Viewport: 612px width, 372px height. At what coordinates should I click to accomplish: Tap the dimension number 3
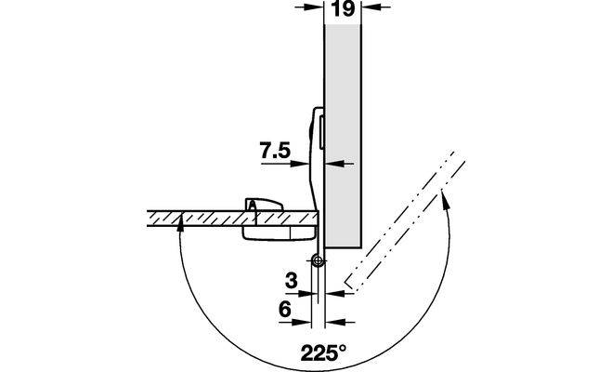coord(292,278)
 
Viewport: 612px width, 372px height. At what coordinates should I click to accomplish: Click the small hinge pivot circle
coord(318,261)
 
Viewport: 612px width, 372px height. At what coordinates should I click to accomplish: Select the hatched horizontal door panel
coord(204,217)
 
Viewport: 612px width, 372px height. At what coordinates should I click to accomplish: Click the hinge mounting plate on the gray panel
coord(316,149)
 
